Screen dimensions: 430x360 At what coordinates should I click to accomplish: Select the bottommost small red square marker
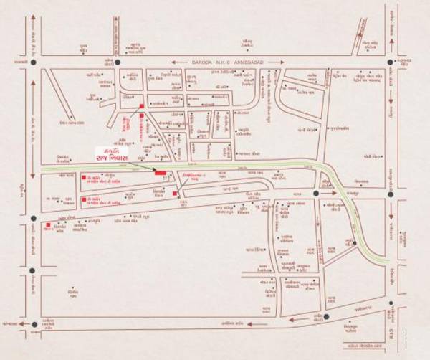[49, 227]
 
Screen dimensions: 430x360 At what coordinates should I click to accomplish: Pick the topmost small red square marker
[142, 106]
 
